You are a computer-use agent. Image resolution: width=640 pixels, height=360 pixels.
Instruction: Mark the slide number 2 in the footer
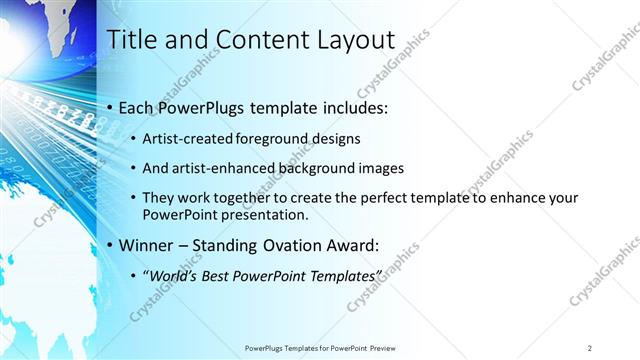(590, 347)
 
